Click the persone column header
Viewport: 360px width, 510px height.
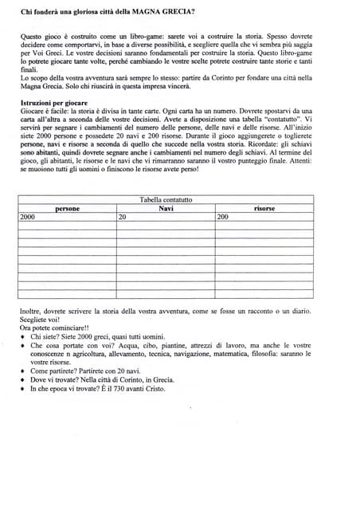(67, 208)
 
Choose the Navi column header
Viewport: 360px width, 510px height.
(166, 208)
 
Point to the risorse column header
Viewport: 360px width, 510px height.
(264, 208)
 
